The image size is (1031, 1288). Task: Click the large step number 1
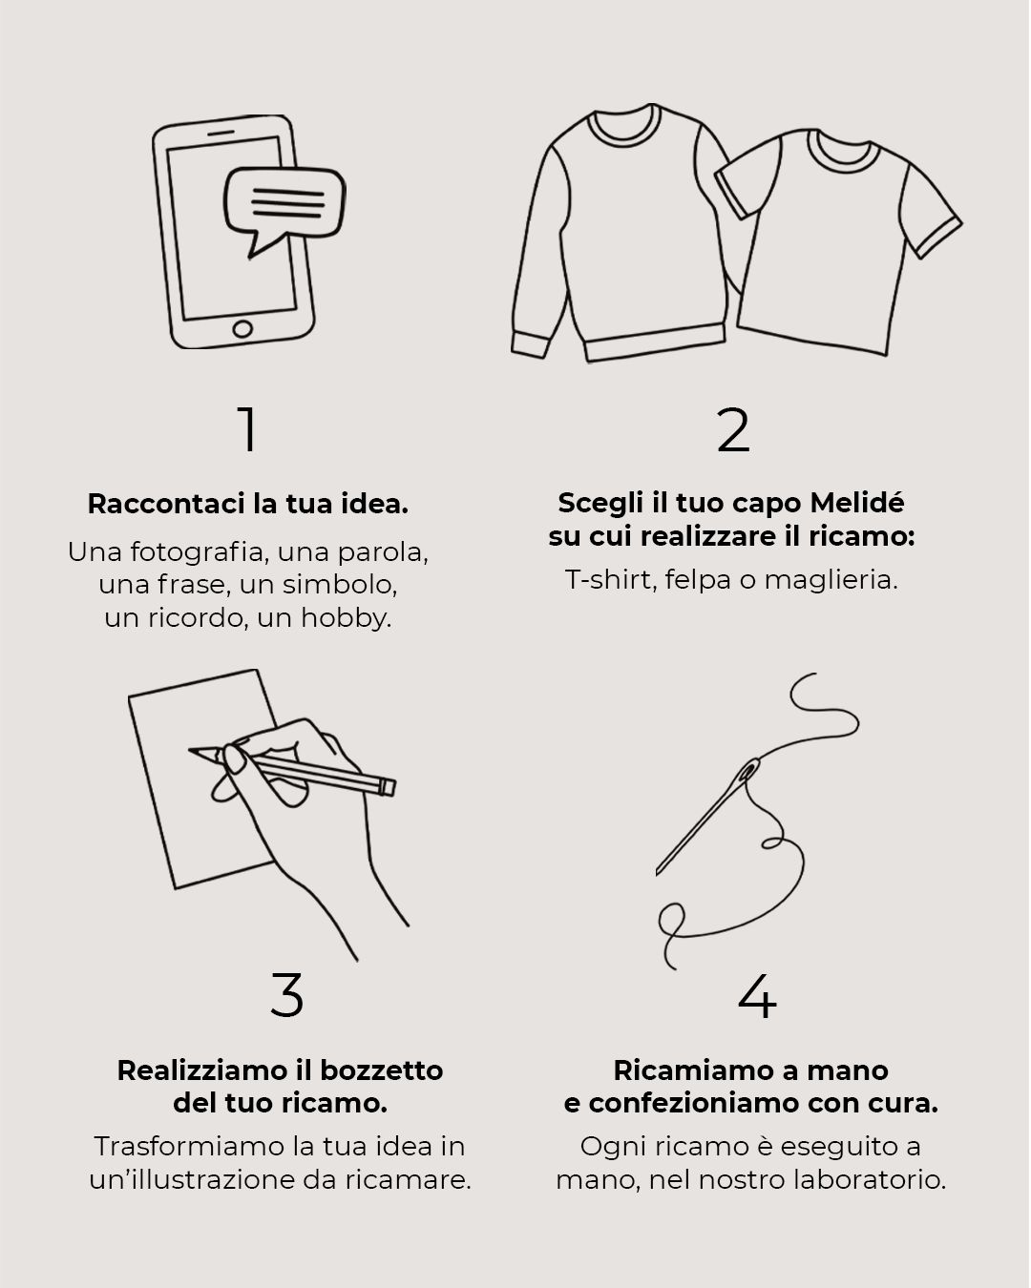[248, 429]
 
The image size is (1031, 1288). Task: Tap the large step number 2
[733, 429]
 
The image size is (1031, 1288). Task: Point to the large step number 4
[757, 995]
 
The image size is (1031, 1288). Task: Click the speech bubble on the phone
[284, 203]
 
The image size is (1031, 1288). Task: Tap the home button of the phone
[242, 328]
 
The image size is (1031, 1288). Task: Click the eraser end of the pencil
[388, 786]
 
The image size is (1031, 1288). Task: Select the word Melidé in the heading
[856, 503]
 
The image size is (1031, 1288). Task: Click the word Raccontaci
[166, 504]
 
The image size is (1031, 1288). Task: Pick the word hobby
[346, 617]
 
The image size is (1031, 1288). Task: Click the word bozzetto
[382, 1070]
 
